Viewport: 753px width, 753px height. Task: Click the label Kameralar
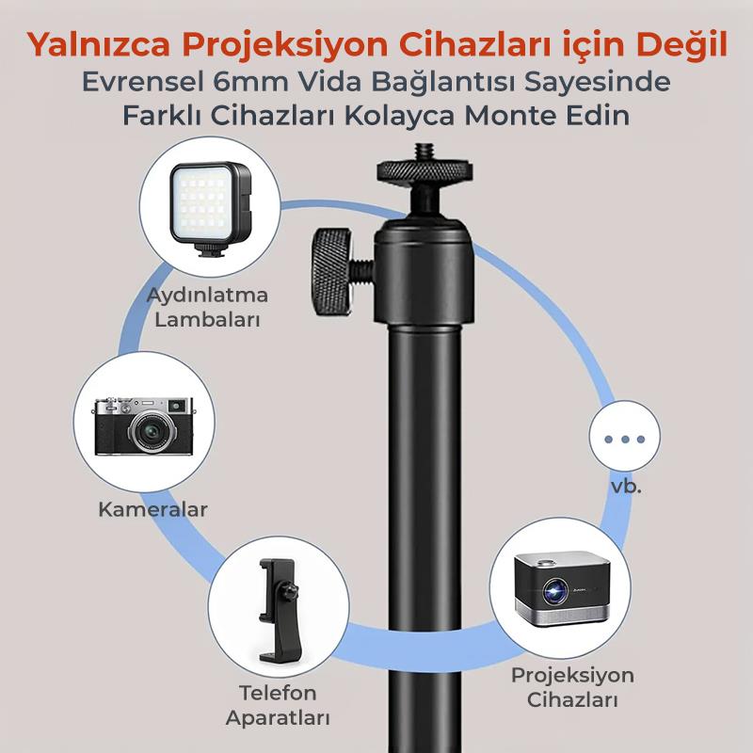tap(152, 510)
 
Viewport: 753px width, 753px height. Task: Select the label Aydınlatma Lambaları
tap(207, 307)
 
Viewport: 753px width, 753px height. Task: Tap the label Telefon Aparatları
tap(279, 706)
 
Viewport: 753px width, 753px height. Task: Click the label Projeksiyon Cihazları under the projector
tap(572, 688)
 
